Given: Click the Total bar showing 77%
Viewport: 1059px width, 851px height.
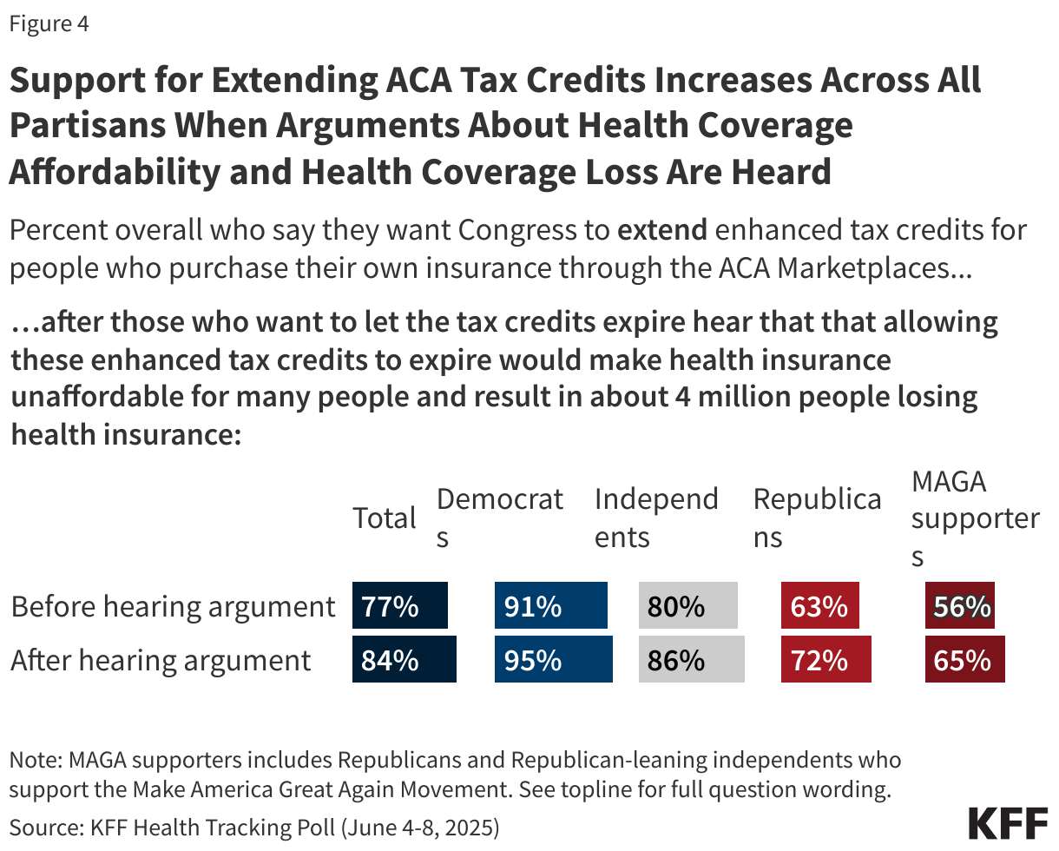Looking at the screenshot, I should coord(399,606).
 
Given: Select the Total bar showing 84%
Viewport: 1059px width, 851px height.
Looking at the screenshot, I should coord(404,659).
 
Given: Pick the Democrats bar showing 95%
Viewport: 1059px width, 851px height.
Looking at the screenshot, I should coord(553,659).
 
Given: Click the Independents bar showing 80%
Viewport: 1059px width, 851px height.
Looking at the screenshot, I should coord(687,606).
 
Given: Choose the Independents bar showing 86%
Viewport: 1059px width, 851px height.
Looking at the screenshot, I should coord(691,659).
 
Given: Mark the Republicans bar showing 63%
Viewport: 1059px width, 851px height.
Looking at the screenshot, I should coord(819,606).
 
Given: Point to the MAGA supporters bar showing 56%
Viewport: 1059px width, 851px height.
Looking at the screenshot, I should coord(960,606).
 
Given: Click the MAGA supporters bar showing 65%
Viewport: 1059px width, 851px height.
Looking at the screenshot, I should coord(964,659).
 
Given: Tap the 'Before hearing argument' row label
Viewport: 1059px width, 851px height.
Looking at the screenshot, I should coord(173,606).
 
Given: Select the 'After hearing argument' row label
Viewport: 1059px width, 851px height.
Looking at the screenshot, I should coord(161,660).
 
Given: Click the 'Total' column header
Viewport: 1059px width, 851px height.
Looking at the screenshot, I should coord(385,518).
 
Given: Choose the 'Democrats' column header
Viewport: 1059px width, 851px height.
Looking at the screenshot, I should coord(500,518).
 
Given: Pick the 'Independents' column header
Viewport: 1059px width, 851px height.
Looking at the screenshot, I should coord(656,518).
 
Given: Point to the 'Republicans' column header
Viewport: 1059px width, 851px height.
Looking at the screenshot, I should coord(817,518).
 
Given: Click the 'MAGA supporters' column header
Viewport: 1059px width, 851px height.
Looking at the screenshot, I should coord(975,518).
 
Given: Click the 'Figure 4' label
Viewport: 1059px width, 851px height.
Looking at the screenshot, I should coord(49,24).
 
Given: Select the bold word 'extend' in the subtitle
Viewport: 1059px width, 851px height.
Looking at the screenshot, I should coord(662,231).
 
